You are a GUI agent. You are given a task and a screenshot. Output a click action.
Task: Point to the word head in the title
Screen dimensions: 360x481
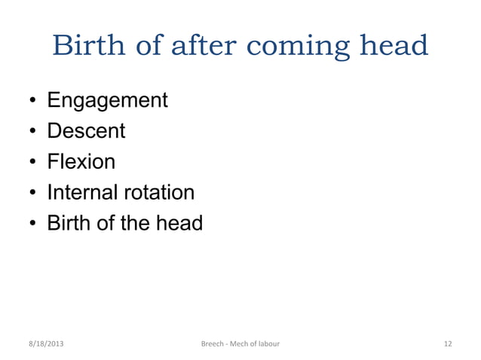click(394, 47)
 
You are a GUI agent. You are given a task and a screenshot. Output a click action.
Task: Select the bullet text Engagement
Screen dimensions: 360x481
click(108, 101)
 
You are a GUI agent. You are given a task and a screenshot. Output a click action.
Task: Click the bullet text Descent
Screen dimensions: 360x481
click(87, 132)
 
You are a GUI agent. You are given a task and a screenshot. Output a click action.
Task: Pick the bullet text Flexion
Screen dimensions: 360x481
click(82, 163)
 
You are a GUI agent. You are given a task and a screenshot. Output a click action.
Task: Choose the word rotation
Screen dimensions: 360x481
click(159, 193)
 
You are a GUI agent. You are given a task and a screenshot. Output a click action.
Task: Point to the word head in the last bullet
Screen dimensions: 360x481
click(177, 224)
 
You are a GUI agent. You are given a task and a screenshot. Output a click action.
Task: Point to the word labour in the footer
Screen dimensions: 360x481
click(266, 344)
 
